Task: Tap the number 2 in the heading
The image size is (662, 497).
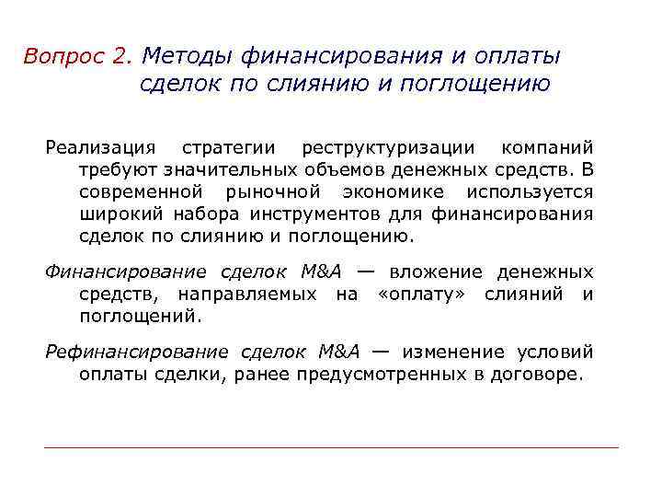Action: [123, 56]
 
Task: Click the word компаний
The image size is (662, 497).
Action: [548, 148]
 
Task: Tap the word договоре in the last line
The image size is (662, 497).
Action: [542, 375]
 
